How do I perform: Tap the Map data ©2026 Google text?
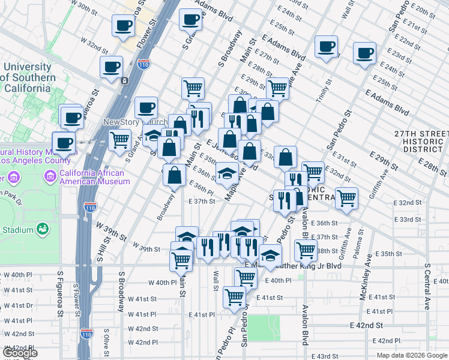tap(412, 355)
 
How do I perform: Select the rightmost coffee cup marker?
tap(364, 53)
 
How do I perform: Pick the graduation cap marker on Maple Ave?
tap(226, 173)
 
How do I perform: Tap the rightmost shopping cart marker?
tap(346, 197)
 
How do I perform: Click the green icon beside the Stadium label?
tap(43, 229)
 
